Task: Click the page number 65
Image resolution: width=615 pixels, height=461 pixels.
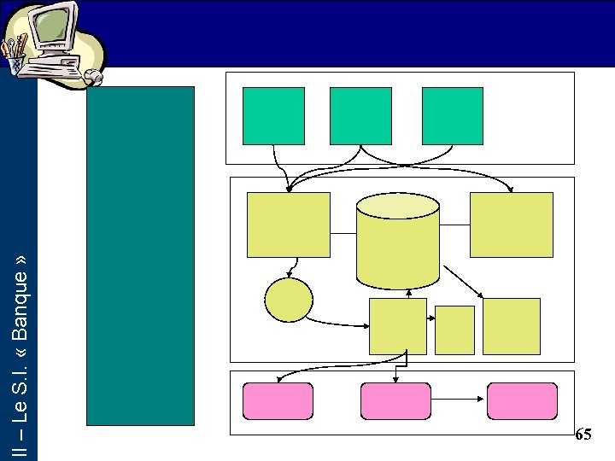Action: tap(583, 435)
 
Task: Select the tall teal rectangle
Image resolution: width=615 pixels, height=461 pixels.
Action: tap(141, 255)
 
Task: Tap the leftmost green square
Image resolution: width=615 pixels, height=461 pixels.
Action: tap(273, 115)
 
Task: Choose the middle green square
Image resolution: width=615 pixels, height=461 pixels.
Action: tap(360, 115)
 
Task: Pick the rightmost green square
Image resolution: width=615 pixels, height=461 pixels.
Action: tap(453, 115)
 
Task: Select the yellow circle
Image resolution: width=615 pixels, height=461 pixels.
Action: tap(289, 300)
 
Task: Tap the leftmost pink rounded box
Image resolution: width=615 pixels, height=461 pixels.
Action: tap(278, 401)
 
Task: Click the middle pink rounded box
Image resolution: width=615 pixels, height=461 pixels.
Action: tap(395, 401)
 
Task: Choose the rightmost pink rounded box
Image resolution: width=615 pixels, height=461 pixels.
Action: tap(522, 401)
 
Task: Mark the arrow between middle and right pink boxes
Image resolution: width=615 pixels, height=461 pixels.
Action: tap(459, 398)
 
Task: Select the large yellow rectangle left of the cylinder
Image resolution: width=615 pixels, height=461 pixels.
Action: tap(288, 225)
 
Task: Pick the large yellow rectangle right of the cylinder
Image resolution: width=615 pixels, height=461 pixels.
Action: tap(512, 225)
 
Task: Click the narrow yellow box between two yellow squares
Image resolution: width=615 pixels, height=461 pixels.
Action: tap(454, 330)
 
